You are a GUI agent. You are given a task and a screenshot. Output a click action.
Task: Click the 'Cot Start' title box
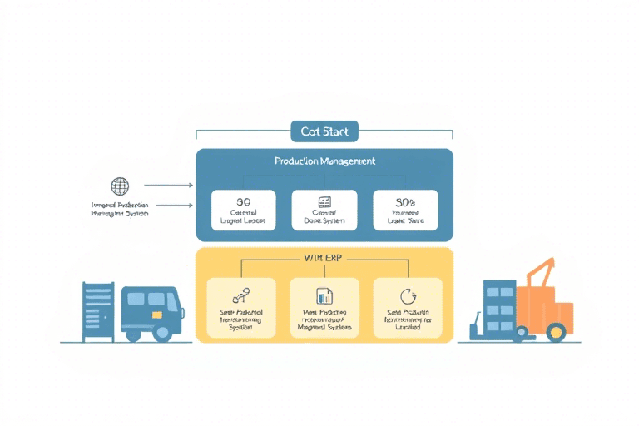pos(324,131)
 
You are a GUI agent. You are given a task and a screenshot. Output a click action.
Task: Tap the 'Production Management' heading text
pos(324,161)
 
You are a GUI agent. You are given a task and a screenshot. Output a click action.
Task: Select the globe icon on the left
pos(120,186)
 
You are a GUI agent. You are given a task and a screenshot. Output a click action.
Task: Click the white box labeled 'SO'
pos(243,211)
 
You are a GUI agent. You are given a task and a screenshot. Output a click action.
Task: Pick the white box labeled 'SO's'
pos(405,211)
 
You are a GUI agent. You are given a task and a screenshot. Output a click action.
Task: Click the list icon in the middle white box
pos(324,202)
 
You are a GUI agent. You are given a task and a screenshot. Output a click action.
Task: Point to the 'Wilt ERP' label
pos(324,257)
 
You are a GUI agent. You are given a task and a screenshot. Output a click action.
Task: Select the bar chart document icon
pos(324,295)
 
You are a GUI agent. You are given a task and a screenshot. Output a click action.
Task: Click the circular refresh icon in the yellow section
pos(408,295)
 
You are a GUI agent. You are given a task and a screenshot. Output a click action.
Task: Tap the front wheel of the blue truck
pos(163,331)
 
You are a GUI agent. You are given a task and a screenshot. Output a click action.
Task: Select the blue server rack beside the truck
pos(97,310)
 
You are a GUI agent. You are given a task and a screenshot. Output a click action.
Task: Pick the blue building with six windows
pos(499,306)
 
